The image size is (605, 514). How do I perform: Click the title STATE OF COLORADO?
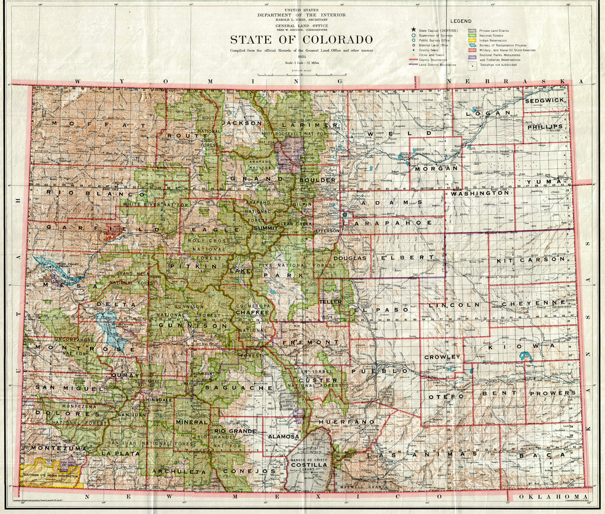coord(301,40)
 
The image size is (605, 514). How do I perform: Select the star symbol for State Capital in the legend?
coord(414,29)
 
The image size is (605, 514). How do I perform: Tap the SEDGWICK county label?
coord(544,101)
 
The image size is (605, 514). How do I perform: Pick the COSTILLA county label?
coord(308,465)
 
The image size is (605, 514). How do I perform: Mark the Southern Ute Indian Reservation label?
coord(50,476)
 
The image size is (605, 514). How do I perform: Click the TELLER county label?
coord(331,302)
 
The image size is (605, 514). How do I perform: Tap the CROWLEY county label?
coord(442,357)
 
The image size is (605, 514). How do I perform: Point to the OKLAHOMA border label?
coord(552,497)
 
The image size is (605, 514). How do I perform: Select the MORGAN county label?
coord(436,168)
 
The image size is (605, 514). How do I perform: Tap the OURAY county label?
coord(125,375)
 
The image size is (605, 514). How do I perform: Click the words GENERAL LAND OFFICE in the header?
coord(301,26)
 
